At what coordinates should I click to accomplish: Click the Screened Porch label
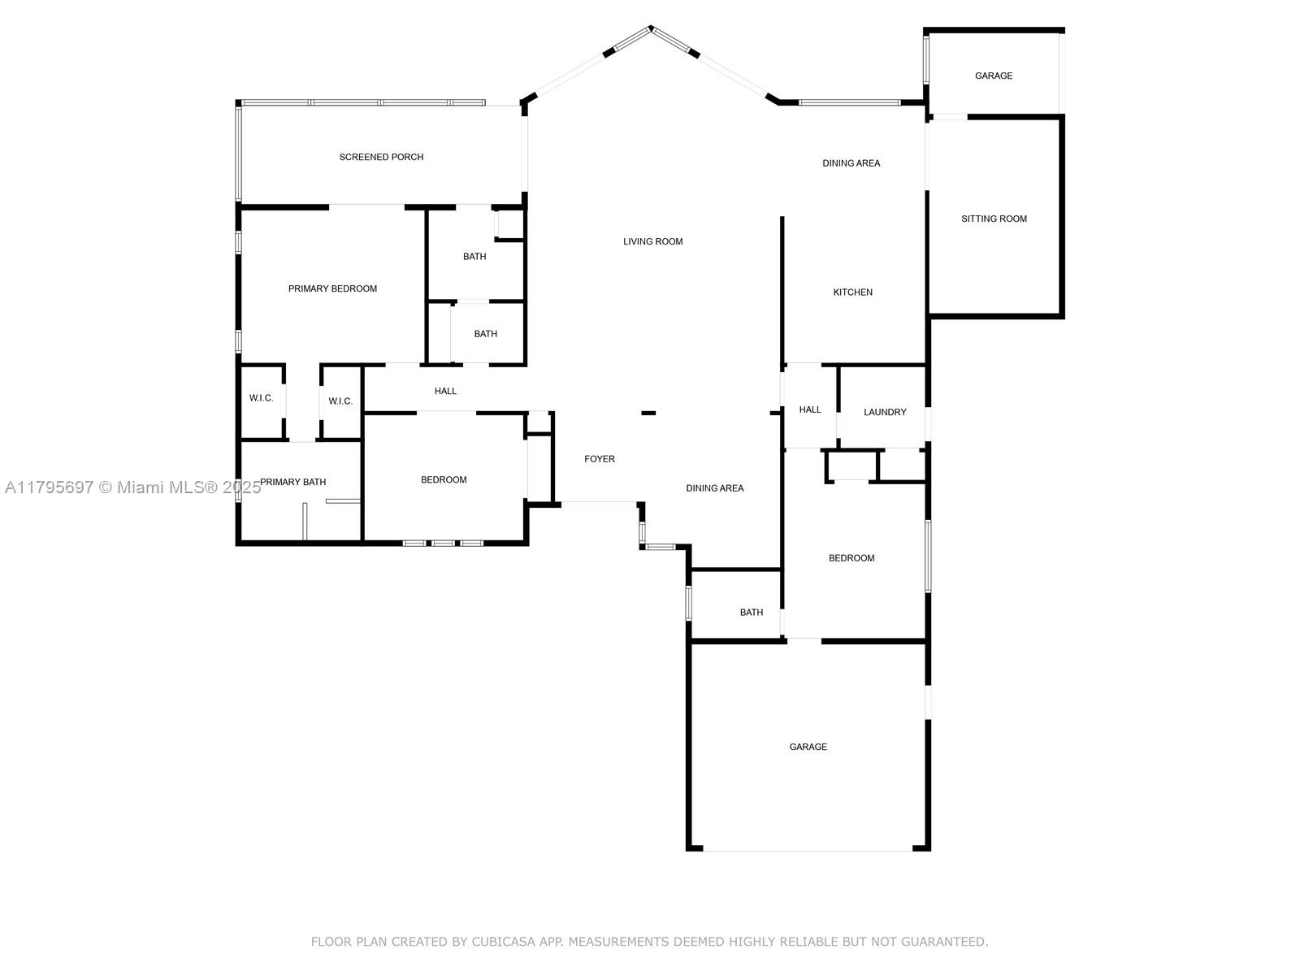tap(381, 157)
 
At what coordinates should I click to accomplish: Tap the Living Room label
tap(652, 241)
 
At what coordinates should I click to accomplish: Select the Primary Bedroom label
tap(332, 289)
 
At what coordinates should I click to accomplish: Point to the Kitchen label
tap(852, 292)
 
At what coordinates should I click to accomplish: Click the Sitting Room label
tap(993, 219)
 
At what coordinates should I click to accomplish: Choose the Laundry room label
tap(884, 412)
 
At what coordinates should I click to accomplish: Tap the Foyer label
tap(600, 459)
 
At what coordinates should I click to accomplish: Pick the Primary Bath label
tap(292, 482)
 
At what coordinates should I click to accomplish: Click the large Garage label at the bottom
tap(808, 747)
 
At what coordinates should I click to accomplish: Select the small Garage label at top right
tap(993, 76)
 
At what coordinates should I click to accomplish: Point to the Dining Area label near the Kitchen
tap(851, 163)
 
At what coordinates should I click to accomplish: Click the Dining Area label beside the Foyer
tap(714, 488)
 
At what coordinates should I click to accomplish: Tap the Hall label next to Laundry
tap(809, 409)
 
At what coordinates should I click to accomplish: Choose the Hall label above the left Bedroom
tap(444, 391)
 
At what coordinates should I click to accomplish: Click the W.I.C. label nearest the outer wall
tap(261, 398)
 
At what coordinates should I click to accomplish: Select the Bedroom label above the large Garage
tap(851, 558)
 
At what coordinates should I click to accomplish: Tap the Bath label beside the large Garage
tap(751, 613)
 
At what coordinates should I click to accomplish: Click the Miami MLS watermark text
tap(132, 487)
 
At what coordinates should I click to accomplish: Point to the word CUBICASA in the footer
tap(503, 942)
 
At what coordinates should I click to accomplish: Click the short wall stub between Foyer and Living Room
tap(648, 414)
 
